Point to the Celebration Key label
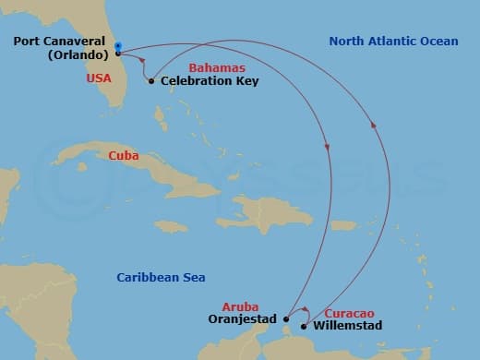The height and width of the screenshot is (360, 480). click(x=210, y=81)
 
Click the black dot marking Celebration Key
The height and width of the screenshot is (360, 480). click(x=151, y=81)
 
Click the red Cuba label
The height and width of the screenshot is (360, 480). click(x=124, y=156)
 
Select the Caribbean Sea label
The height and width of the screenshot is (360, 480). click(x=161, y=277)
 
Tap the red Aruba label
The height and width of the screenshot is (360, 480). click(x=240, y=306)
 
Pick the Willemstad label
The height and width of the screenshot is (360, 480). click(x=347, y=326)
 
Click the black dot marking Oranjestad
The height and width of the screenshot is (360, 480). click(x=286, y=319)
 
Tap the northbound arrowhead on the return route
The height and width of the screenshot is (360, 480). click(x=373, y=126)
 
